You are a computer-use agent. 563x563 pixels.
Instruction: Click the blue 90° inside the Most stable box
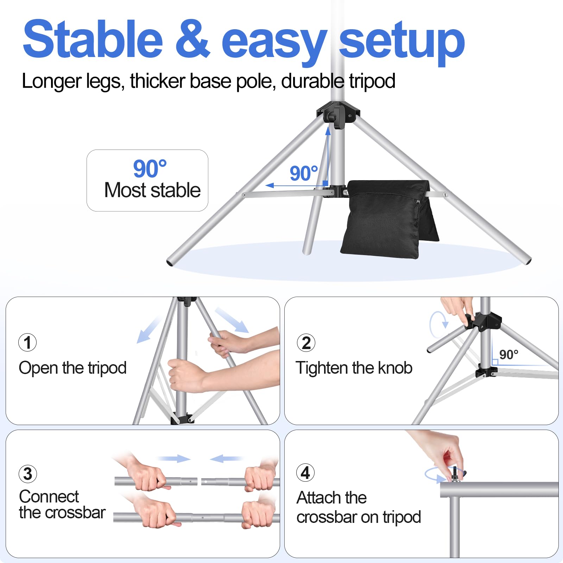(150, 169)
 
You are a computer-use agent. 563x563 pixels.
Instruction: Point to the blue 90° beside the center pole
(303, 173)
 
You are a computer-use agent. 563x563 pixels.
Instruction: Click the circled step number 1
(27, 342)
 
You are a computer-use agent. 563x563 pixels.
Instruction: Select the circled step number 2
(306, 343)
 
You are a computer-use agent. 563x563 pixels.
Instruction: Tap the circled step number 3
(27, 474)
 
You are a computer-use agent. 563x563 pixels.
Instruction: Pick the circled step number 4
(305, 473)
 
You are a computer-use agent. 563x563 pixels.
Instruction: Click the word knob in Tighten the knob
(395, 368)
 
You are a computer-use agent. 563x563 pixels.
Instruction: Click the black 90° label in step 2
(508, 354)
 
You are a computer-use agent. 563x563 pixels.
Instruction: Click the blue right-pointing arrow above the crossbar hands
(174, 458)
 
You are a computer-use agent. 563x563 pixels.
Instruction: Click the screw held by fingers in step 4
(456, 474)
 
